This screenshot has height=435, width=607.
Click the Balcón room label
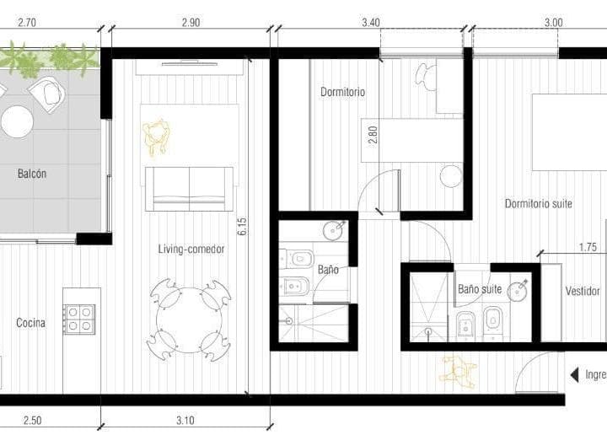coord(32,175)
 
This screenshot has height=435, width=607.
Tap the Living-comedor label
coord(190,249)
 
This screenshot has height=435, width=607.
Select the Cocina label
coord(30,323)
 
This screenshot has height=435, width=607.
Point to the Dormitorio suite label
coord(539,203)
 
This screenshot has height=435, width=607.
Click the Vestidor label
coord(583,292)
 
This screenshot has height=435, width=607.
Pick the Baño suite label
coord(480,289)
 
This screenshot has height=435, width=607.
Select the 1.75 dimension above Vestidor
coord(588,247)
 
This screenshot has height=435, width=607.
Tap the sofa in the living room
coord(189,189)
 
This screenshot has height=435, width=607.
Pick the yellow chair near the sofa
coord(157,137)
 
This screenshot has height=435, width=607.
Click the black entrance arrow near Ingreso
coord(574,374)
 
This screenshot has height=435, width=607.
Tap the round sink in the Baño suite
coord(520,291)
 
